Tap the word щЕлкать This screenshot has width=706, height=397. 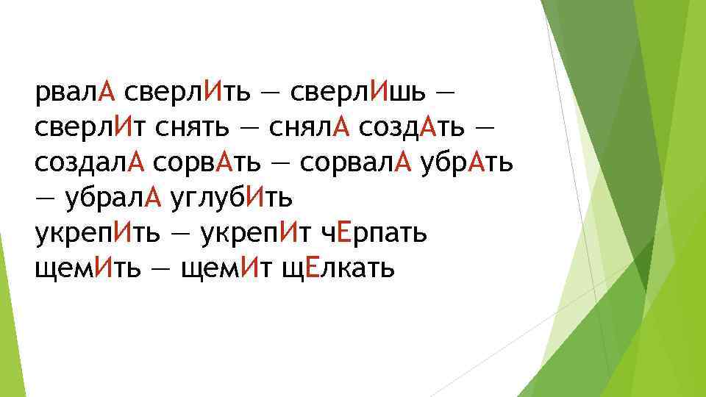(340, 268)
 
